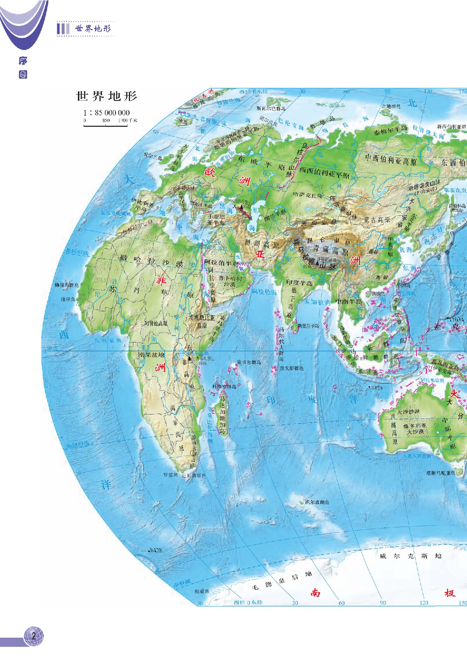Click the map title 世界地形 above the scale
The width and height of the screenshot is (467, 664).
107,96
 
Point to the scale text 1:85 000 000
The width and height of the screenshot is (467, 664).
107,113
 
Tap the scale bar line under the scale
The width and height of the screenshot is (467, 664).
106,126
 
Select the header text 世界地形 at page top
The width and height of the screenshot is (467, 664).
93,29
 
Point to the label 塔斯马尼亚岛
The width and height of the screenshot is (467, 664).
440,473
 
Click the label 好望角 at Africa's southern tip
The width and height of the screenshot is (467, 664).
170,475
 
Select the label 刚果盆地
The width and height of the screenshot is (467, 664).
151,355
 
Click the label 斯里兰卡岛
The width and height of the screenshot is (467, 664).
308,326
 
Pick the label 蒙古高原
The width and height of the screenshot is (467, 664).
377,220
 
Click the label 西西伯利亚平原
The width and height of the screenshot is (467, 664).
324,173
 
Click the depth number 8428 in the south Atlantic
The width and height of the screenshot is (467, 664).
156,550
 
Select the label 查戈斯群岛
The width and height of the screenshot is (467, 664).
291,368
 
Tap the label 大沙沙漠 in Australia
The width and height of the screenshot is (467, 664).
408,412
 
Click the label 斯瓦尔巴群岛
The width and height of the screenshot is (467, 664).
271,109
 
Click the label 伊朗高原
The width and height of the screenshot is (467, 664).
262,243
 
